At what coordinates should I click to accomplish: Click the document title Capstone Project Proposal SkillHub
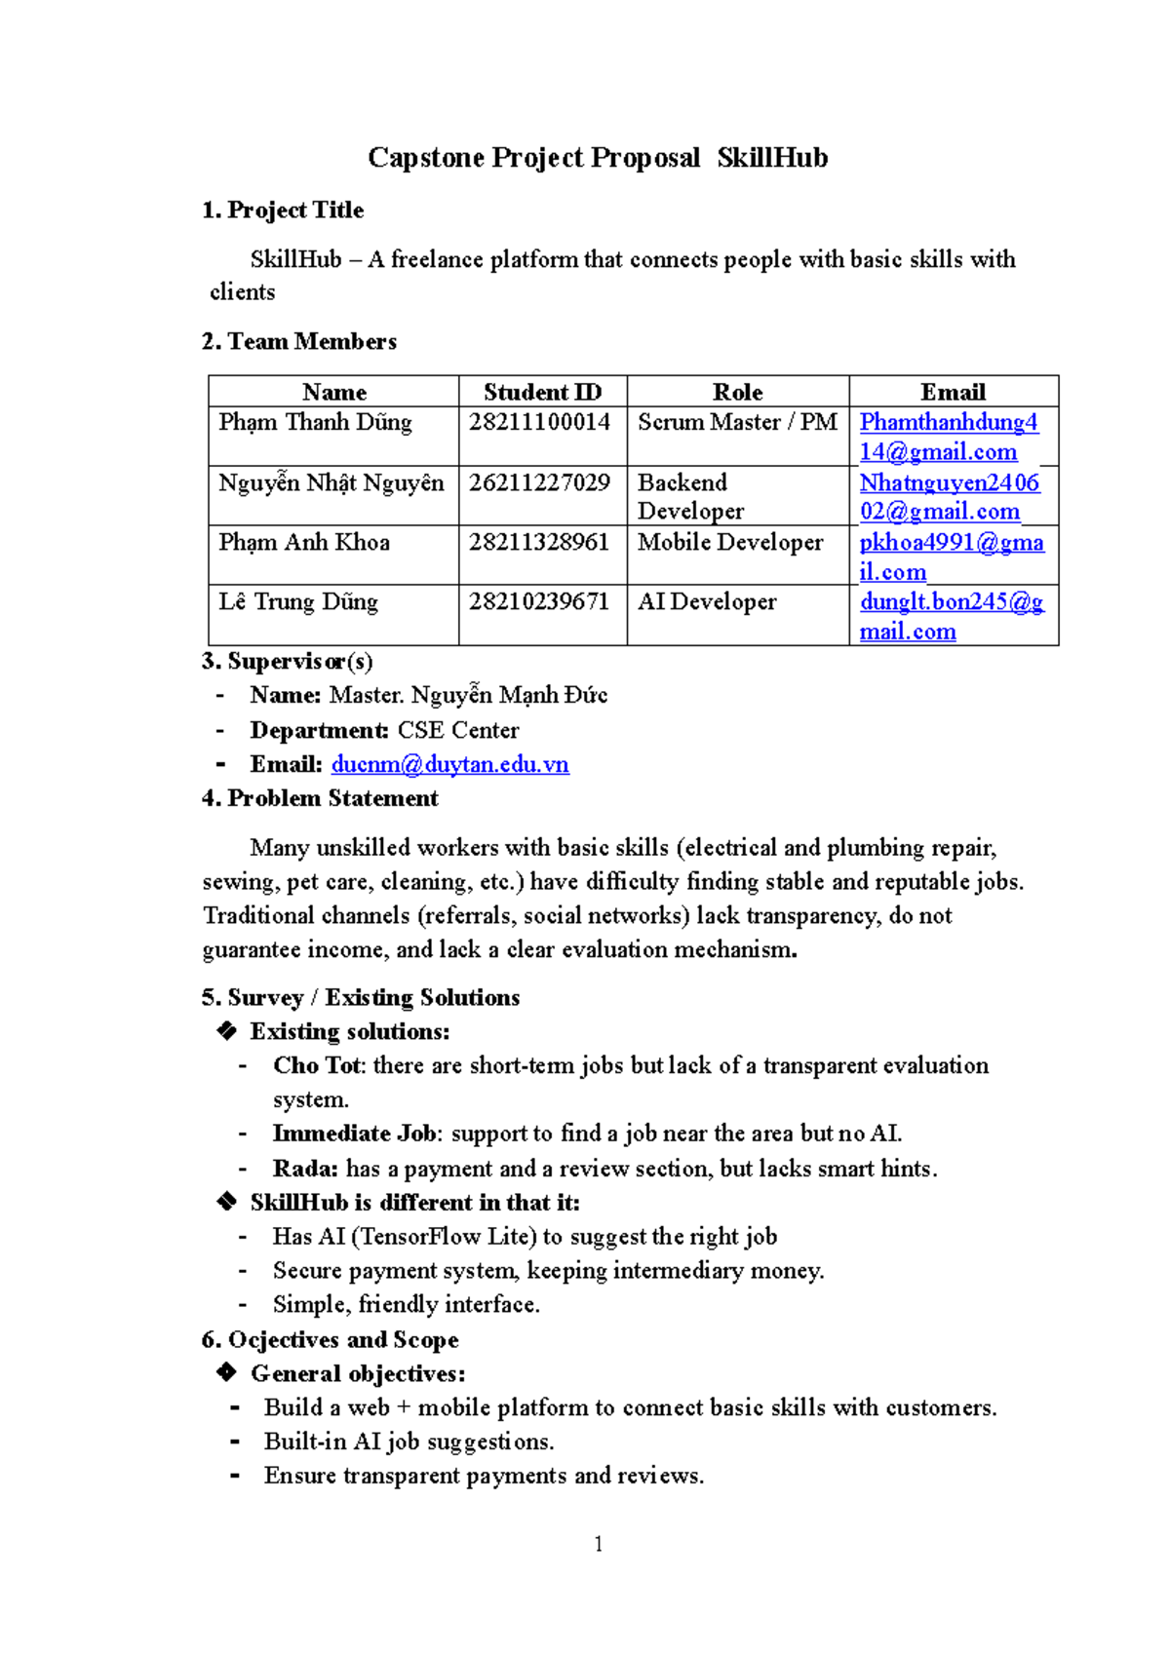pos(597,158)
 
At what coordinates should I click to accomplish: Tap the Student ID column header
pos(542,392)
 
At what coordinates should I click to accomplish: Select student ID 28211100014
pos(539,422)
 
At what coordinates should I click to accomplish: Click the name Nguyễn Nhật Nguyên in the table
pos(331,482)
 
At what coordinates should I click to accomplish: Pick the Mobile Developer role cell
pos(729,542)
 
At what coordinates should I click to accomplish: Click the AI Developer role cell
pos(706,601)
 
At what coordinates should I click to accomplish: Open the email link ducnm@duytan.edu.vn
pos(449,764)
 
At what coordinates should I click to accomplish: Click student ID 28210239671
pos(539,601)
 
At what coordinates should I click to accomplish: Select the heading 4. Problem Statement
pos(320,798)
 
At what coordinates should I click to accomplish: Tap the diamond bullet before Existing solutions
pos(227,1031)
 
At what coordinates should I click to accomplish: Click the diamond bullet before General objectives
pos(227,1373)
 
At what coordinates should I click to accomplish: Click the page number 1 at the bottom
pos(598,1544)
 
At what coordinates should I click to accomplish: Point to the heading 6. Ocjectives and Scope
pos(330,1340)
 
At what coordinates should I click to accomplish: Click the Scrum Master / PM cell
pos(737,422)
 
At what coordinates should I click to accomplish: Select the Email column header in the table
pos(953,392)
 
